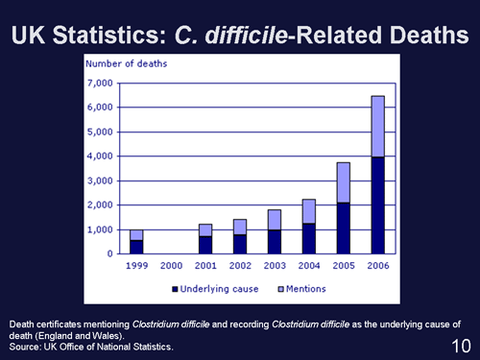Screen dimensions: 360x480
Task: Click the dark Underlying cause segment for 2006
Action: [x=377, y=205]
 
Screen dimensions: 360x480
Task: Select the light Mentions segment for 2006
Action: [x=377, y=126]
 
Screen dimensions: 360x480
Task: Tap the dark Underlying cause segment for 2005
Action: [x=343, y=228]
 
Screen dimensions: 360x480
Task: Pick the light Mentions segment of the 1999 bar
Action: [x=136, y=235]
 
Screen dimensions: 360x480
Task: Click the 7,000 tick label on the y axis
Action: [x=100, y=84]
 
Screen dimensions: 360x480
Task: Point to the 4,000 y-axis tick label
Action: [x=100, y=156]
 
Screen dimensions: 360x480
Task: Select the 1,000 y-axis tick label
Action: [x=100, y=230]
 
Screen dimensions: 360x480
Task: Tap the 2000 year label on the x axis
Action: [x=171, y=265]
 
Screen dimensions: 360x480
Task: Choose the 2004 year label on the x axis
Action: [x=308, y=265]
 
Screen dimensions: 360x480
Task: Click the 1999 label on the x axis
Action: [x=136, y=265]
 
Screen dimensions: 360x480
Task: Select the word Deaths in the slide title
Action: [x=423, y=35]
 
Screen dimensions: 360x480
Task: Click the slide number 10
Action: [x=460, y=344]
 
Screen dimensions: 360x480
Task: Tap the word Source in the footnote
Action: [x=27, y=346]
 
